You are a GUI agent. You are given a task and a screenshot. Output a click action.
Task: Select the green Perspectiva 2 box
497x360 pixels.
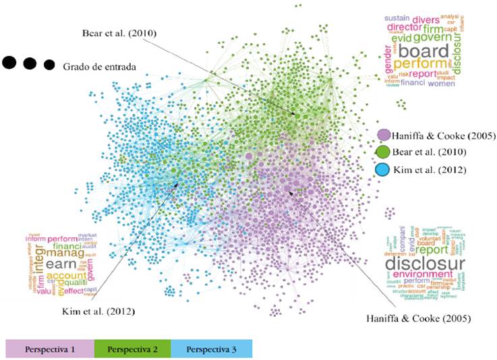[x=132, y=349]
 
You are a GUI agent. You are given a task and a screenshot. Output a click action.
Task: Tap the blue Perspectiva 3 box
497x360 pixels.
[x=211, y=349]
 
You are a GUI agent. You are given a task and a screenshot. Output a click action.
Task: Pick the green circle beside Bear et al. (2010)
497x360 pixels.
[x=384, y=152]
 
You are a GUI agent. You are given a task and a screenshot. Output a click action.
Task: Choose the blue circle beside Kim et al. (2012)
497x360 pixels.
[x=384, y=169]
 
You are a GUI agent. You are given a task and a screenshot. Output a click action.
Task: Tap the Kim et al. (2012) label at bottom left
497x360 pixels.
[x=96, y=311]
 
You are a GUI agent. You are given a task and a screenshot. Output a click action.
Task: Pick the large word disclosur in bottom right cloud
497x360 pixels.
[x=425, y=264]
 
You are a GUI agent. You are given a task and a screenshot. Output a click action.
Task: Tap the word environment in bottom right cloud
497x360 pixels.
[x=423, y=275]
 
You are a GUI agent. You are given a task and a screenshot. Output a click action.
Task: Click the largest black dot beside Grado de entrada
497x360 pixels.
[x=9, y=63]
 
